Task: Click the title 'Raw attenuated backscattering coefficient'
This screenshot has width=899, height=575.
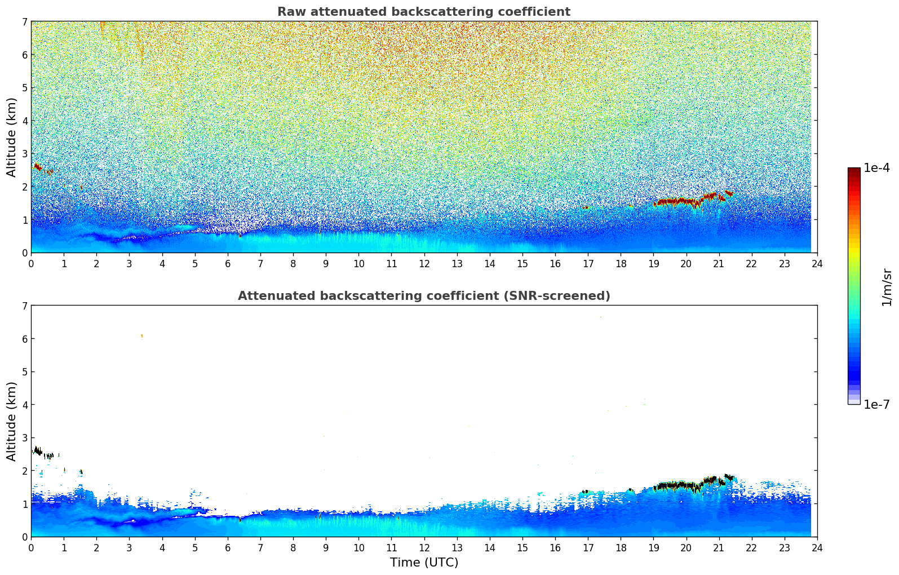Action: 423,12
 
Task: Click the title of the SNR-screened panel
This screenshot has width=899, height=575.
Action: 423,296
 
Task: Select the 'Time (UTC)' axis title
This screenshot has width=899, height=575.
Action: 424,563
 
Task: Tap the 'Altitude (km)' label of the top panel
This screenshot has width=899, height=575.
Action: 11,137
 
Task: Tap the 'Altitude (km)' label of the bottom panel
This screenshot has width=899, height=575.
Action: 11,421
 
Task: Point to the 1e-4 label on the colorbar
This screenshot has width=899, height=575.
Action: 876,168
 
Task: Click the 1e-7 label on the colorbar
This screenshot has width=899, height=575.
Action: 876,404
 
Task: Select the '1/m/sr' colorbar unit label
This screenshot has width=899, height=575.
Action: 887,287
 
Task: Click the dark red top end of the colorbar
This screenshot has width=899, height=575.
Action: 854,170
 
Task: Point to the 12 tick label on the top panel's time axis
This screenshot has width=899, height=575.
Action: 424,263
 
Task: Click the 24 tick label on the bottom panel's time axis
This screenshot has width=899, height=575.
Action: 817,547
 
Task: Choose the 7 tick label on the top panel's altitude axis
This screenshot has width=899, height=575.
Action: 24,22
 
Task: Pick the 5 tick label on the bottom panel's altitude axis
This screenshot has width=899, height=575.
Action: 24,372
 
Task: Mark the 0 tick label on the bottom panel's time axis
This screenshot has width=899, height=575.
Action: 31,547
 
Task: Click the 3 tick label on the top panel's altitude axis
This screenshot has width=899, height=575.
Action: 24,154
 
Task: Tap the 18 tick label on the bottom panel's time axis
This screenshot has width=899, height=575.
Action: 620,547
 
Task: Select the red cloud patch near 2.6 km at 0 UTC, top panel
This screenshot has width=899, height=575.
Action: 38,167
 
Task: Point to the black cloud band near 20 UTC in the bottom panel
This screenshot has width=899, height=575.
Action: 676,485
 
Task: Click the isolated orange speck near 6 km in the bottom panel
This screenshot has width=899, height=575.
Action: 141,336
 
